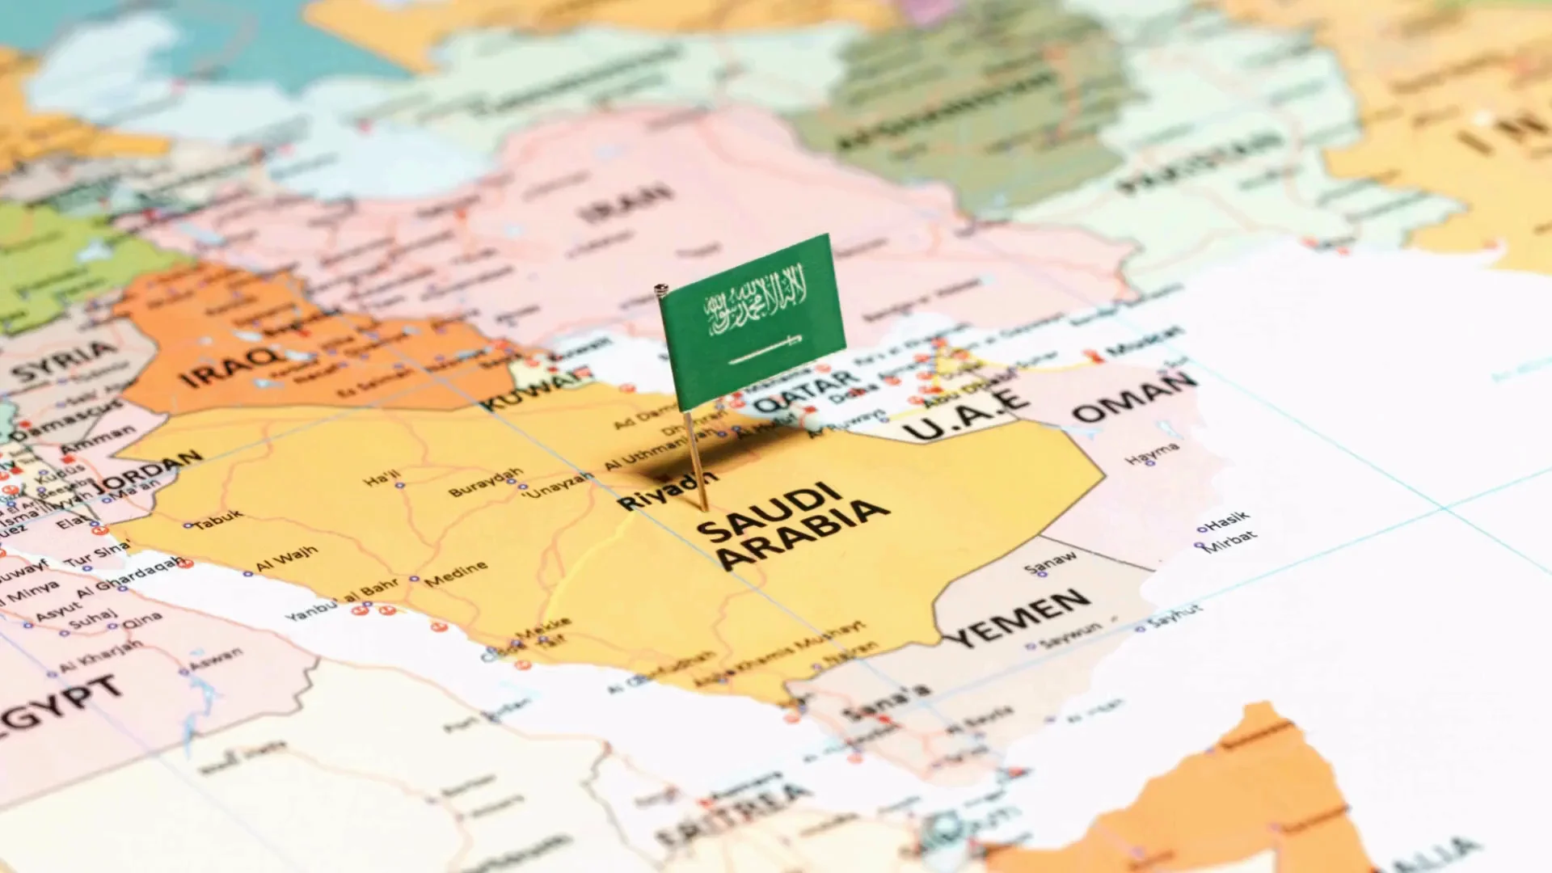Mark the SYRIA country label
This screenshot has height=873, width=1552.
(x=65, y=361)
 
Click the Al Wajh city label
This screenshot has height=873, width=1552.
(x=287, y=559)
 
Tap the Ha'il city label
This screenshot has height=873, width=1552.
(x=382, y=478)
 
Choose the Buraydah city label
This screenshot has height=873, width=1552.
(x=486, y=482)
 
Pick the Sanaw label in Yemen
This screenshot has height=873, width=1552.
(x=1051, y=562)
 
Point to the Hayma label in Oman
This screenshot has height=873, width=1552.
(x=1152, y=453)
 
